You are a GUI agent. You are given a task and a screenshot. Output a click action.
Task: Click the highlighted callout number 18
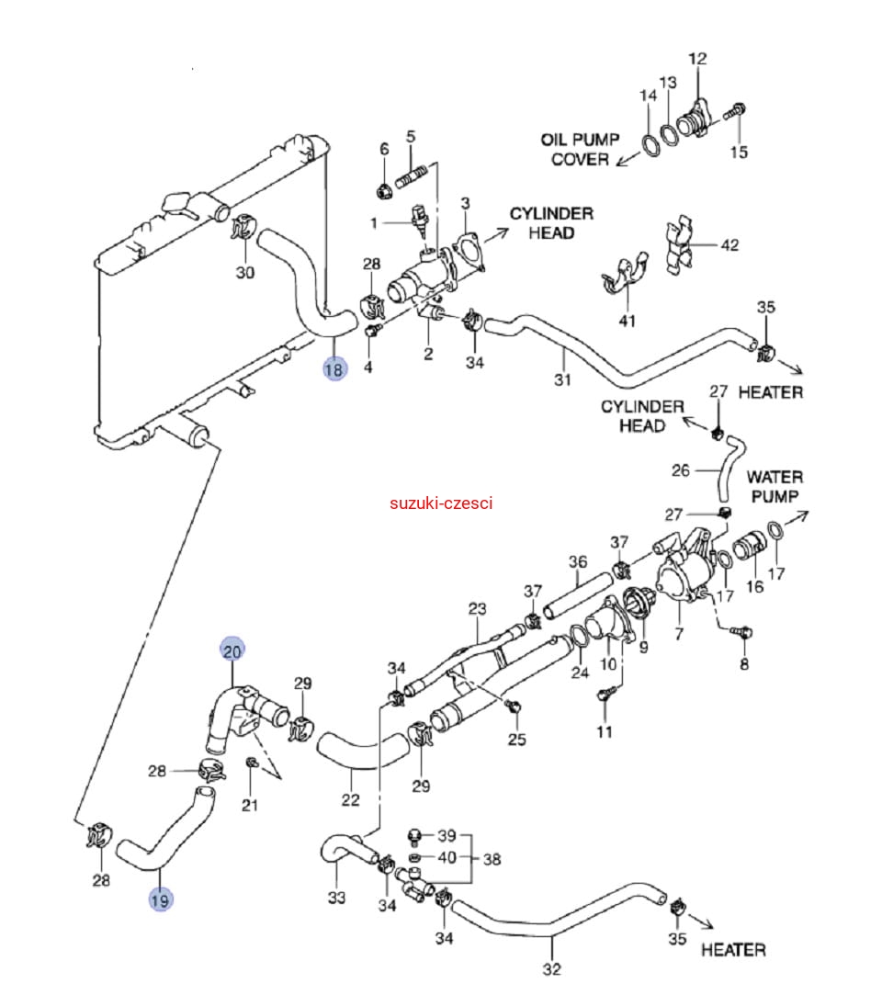pos(334,369)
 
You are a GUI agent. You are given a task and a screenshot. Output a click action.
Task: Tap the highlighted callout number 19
pos(160,900)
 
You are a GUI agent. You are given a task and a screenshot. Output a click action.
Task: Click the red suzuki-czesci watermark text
pos(441,503)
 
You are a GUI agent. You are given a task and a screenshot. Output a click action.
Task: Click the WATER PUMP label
pos(774,486)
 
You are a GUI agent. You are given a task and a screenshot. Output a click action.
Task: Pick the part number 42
pos(729,245)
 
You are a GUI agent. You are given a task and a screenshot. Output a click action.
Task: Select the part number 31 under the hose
pos(562,379)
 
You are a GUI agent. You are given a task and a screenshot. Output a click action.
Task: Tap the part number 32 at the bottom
pos(551,968)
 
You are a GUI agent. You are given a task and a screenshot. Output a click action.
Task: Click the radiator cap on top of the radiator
pos(175,204)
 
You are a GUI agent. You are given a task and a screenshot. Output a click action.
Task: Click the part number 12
pos(698,59)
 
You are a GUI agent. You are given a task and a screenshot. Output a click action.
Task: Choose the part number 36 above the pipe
pos(577,561)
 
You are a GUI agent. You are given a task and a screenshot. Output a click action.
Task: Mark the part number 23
pos(477,608)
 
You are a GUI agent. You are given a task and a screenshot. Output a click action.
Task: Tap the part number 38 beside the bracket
pos(492,860)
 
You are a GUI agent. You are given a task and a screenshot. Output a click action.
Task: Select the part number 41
pos(627,321)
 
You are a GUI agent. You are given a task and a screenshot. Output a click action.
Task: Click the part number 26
pos(681,470)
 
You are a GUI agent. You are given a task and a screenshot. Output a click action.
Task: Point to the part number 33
pos(337,897)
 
